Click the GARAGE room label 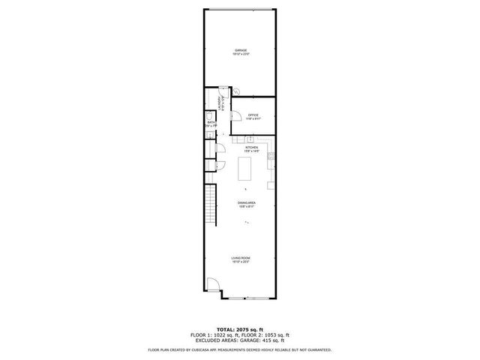(x=240, y=50)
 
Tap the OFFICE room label (x=253, y=115)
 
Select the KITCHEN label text (x=250, y=147)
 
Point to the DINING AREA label (x=247, y=203)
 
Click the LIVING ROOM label (x=240, y=258)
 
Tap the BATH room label (x=211, y=121)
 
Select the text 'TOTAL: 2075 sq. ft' (x=239, y=328)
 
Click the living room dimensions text (x=240, y=262)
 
